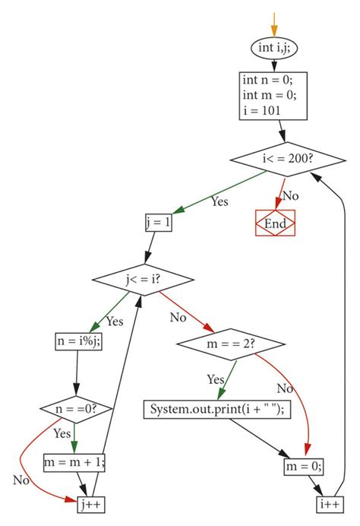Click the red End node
pos(274,223)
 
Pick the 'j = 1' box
pos(158,223)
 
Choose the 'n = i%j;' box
pos(79,343)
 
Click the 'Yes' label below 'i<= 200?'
pos(219,202)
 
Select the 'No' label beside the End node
pos(291,196)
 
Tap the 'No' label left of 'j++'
pos(21,480)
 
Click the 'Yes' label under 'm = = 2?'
pos(215,379)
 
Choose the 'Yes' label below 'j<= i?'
pos(114,322)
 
